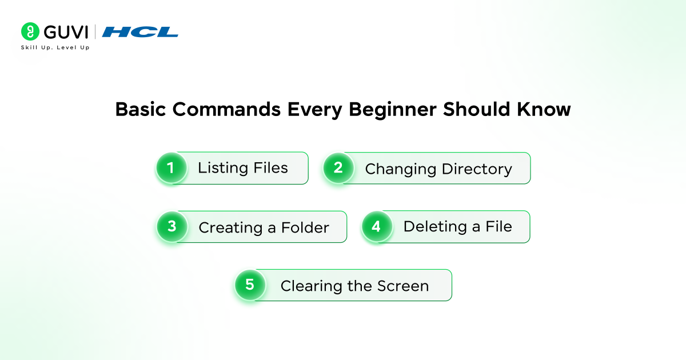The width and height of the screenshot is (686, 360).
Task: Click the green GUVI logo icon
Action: pyautogui.click(x=30, y=31)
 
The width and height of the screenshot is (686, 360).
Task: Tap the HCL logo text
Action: pyautogui.click(x=140, y=32)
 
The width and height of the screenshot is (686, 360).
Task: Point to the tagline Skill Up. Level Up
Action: pyautogui.click(x=55, y=47)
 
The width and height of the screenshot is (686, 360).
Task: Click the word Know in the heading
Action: pyautogui.click(x=541, y=109)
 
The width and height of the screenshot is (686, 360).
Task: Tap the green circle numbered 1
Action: pyautogui.click(x=170, y=168)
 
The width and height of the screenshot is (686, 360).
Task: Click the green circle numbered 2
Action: pyautogui.click(x=338, y=168)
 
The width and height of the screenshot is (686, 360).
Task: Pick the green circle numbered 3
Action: pyautogui.click(x=172, y=226)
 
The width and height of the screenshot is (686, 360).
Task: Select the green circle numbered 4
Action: pyautogui.click(x=376, y=226)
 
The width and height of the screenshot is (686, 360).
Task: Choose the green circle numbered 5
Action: pyautogui.click(x=250, y=285)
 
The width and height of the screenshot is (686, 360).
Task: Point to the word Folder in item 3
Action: pyautogui.click(x=305, y=227)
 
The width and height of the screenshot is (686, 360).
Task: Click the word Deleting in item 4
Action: pyautogui.click(x=435, y=227)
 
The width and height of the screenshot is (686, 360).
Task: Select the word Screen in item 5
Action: pyautogui.click(x=403, y=286)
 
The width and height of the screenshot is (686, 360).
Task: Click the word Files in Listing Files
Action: pyautogui.click(x=270, y=168)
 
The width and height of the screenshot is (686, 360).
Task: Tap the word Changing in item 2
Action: pyautogui.click(x=400, y=169)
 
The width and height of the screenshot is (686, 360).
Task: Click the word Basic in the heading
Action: pyautogui.click(x=141, y=109)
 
